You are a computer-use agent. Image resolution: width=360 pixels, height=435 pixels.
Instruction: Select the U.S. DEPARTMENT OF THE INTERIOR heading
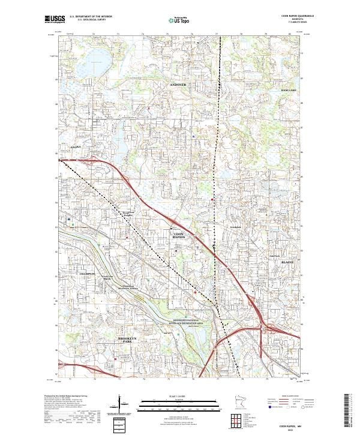[x=91, y=16]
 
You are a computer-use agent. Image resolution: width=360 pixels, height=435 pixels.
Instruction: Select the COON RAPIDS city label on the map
[x=179, y=235]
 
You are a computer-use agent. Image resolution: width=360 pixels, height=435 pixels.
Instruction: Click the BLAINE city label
[x=288, y=262]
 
